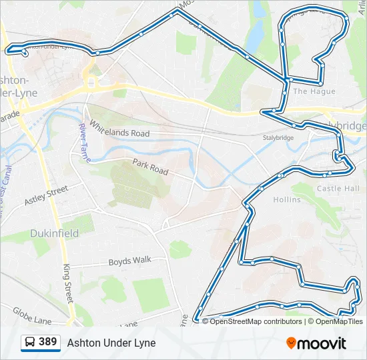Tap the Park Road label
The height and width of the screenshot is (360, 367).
click(x=150, y=167)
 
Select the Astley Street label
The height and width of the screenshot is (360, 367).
click(x=46, y=195)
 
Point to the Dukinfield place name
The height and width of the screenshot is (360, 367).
click(x=55, y=233)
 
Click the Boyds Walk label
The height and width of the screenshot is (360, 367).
click(x=130, y=261)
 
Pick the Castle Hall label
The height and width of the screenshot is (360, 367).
click(x=338, y=189)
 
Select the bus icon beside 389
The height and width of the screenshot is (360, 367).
click(x=29, y=343)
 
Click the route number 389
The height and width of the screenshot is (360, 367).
click(x=47, y=343)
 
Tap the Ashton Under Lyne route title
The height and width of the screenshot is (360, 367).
click(x=111, y=343)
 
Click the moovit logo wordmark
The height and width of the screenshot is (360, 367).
click(x=322, y=343)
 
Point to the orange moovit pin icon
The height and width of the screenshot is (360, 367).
click(x=291, y=343)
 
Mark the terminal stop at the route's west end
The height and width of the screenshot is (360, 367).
click(x=25, y=53)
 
